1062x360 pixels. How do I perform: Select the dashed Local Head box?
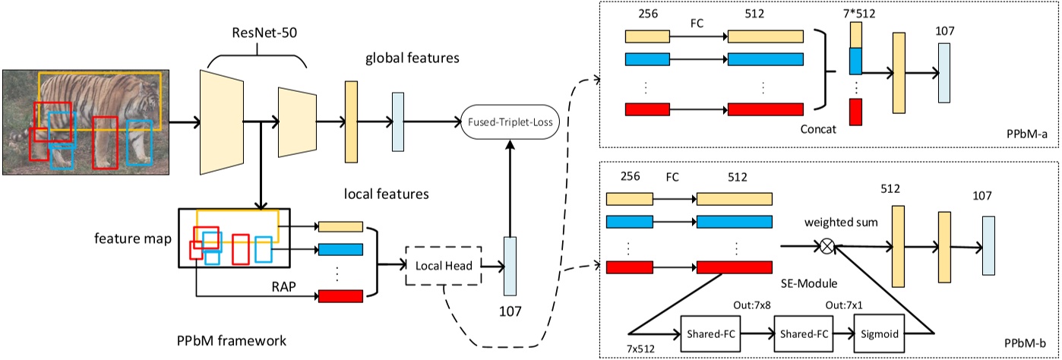click(444, 265)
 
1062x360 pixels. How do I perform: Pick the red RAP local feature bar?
click(340, 296)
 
